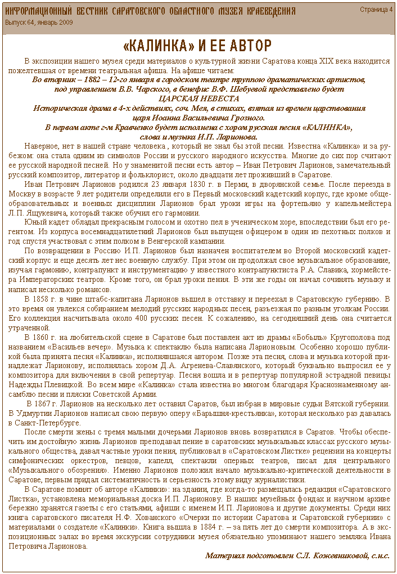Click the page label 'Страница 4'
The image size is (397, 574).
(376, 10)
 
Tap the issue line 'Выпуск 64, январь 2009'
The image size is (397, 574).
(39, 22)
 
